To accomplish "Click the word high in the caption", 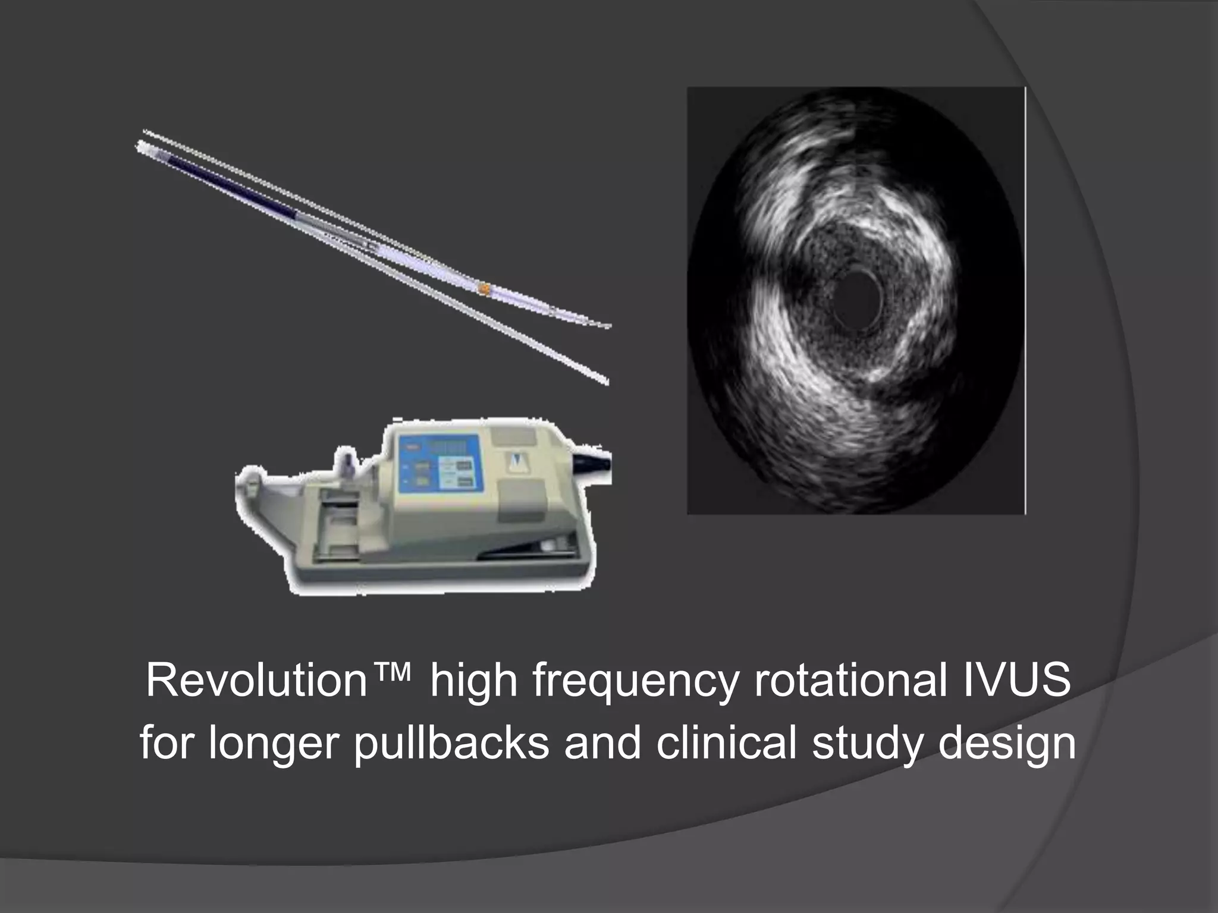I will (473, 682).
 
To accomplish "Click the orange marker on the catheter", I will (485, 289).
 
